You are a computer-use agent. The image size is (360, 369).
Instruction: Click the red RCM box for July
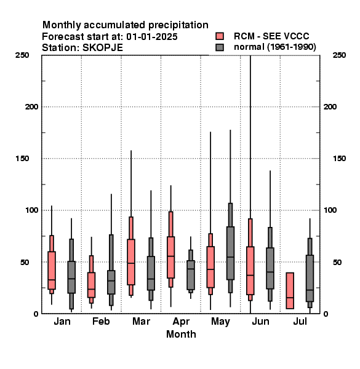pyautogui.click(x=290, y=291)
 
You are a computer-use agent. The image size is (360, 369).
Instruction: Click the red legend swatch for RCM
pyautogui.click(x=220, y=36)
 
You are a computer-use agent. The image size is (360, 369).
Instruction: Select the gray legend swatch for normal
pyautogui.click(x=220, y=47)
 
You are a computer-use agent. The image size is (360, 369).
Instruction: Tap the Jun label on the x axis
pyautogui.click(x=260, y=322)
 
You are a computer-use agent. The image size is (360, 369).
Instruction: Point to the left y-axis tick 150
pyautogui.click(x=22, y=159)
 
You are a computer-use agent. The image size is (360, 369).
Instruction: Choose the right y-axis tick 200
pyautogui.click(x=330, y=107)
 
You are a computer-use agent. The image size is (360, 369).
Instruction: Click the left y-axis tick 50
pyautogui.click(x=25, y=262)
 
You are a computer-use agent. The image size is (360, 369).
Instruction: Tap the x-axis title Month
pyautogui.click(x=181, y=334)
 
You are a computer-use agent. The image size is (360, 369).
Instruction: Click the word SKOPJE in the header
pyautogui.click(x=103, y=48)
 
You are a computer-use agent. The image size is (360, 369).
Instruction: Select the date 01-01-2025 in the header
pyautogui.click(x=152, y=37)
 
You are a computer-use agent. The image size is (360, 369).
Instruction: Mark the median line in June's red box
pyautogui.click(x=250, y=275)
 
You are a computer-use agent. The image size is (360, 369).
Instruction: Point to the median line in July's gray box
pyautogui.click(x=310, y=290)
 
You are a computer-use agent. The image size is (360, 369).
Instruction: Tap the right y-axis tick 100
pyautogui.click(x=330, y=210)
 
